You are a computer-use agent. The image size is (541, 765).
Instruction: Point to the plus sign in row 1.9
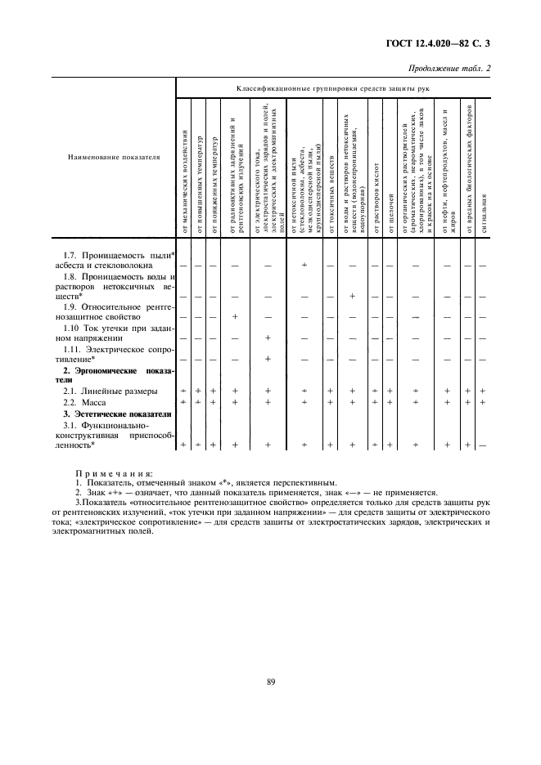tap(235, 316)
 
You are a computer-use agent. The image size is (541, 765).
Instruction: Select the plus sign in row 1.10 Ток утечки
tap(268, 338)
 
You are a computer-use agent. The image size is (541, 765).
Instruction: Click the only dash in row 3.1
tap(484, 445)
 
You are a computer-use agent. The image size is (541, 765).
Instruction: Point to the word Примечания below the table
tap(108, 472)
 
